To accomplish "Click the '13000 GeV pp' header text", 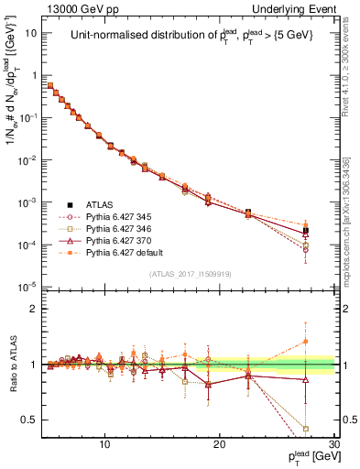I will click(x=76, y=8).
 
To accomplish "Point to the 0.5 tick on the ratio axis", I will click(x=30, y=420).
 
